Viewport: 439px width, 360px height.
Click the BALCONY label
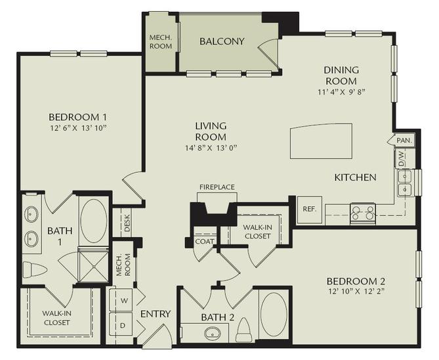tap(222, 41)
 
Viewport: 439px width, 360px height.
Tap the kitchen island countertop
tap(322, 141)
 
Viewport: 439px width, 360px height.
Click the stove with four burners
tap(362, 212)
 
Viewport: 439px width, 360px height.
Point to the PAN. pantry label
tap(404, 141)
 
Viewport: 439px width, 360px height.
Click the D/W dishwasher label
tap(399, 158)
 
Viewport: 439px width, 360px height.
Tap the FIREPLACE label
tap(217, 187)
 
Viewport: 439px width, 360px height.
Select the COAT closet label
tap(203, 241)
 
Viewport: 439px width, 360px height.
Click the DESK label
tap(126, 224)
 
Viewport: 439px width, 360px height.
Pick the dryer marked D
tap(123, 325)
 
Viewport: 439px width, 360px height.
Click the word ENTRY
tap(156, 314)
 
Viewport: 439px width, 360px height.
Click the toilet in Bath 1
tap(34, 270)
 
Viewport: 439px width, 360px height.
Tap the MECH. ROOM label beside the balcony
tap(160, 42)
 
